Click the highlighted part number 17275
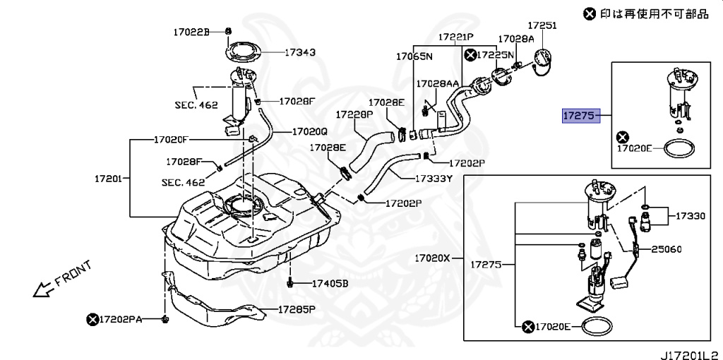(580, 116)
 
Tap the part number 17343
(300, 52)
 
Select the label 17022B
(192, 32)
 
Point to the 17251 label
(543, 25)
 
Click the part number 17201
(109, 179)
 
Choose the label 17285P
(297, 309)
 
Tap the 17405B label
(330, 284)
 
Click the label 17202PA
(121, 320)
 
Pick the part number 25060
(667, 249)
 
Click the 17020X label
(432, 258)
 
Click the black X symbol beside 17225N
(470, 54)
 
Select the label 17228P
(354, 114)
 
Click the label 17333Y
(433, 179)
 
